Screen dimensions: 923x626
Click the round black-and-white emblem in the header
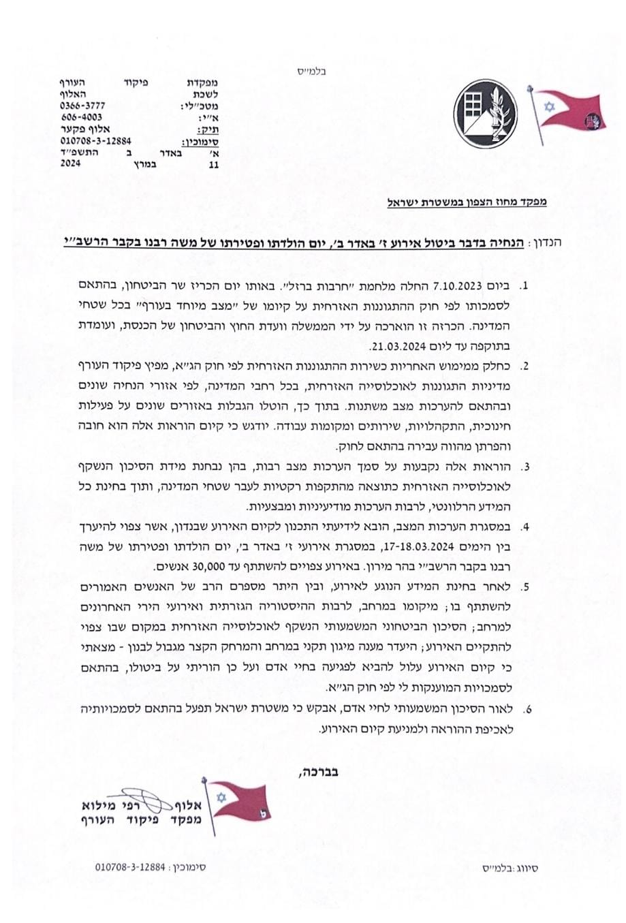pyautogui.click(x=486, y=111)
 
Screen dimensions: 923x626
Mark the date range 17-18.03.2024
pyautogui.click(x=420, y=546)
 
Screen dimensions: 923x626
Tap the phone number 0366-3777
pyautogui.click(x=83, y=106)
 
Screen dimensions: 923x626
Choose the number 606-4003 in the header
pyautogui.click(x=82, y=117)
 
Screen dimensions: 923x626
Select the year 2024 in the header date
pyautogui.click(x=72, y=164)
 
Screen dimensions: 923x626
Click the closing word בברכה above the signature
pyautogui.click(x=319, y=772)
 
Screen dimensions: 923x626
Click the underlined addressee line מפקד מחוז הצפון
pyautogui.click(x=467, y=202)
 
